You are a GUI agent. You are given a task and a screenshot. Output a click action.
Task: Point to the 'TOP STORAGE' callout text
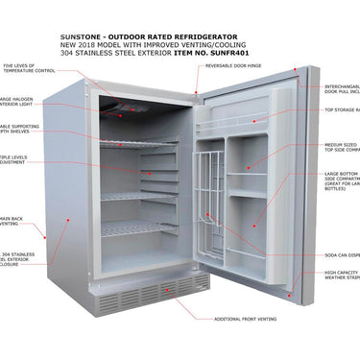click(341, 110)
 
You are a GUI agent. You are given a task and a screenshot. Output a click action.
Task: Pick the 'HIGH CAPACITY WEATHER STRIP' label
click(342, 277)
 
